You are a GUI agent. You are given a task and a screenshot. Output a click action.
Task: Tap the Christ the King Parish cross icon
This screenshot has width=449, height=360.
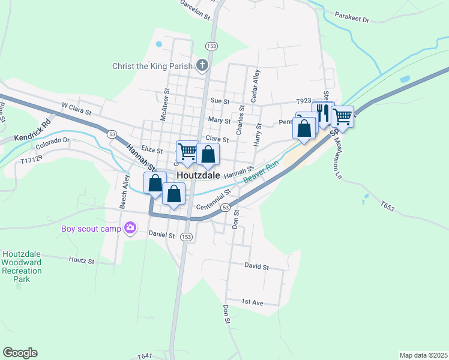pos(202,65)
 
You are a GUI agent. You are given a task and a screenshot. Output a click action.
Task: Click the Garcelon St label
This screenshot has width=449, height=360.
pos(195,10)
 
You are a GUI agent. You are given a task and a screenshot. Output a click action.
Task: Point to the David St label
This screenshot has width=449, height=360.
pos(256,265)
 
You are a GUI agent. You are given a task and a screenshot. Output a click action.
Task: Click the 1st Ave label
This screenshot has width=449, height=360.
pos(253,302)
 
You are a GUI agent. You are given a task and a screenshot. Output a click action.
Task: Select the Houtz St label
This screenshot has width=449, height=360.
pos(82,261)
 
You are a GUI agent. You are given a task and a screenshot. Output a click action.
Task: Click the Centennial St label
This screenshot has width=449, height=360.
pos(214,200)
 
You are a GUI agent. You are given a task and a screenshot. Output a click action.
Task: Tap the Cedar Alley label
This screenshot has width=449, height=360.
pos(256,85)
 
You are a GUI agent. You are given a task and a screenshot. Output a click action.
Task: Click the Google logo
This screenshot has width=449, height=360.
pos(20,353)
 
